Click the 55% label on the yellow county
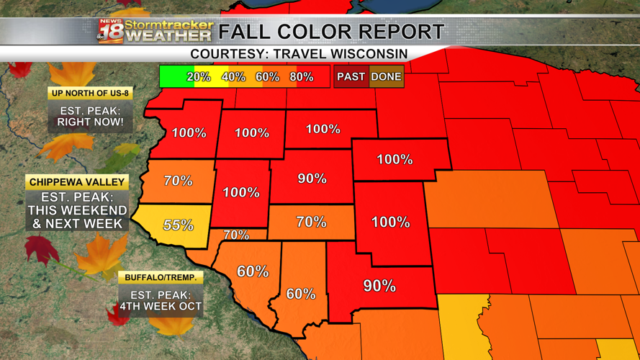coord(178,225)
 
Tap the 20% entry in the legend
coord(199,76)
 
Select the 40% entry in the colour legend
coord(233,76)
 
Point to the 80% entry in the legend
coord(301,76)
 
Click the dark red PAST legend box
coord(351,76)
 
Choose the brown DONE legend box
coord(386,76)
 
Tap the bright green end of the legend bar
coord(171,76)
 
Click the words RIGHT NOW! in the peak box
coord(91,122)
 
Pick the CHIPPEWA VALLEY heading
coord(78,183)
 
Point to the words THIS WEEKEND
coord(78,210)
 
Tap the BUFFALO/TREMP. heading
coord(161,277)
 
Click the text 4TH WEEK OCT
coord(161,307)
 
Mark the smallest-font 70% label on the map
coord(236,235)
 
